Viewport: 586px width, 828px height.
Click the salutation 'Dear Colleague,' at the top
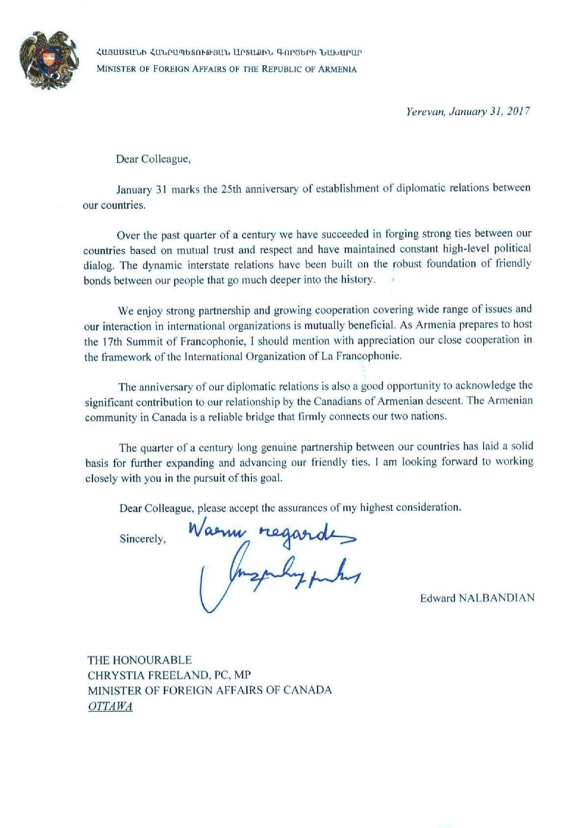point(153,159)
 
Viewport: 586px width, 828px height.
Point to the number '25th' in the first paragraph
point(231,189)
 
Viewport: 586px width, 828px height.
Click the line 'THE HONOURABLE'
point(140,660)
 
